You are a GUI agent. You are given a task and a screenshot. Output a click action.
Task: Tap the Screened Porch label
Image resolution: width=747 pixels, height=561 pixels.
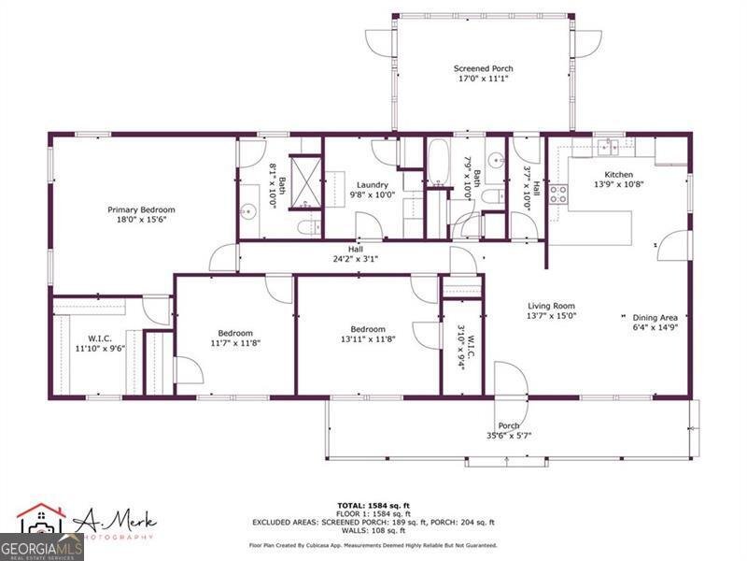(x=483, y=68)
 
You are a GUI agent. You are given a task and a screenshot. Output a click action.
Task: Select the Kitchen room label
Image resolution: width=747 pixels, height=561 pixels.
(x=618, y=175)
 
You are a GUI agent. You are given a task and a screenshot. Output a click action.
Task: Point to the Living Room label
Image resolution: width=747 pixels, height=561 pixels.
(x=551, y=306)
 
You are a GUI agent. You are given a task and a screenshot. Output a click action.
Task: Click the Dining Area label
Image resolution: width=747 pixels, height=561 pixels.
(x=643, y=316)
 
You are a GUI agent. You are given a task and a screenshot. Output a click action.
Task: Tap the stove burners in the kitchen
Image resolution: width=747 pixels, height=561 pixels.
(x=558, y=194)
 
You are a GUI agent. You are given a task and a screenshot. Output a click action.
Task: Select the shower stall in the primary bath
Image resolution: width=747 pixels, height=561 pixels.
(x=303, y=176)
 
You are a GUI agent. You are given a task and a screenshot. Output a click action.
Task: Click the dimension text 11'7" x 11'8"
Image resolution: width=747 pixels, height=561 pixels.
(x=235, y=343)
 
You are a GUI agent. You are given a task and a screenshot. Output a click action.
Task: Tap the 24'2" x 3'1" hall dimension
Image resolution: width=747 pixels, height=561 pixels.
(x=355, y=260)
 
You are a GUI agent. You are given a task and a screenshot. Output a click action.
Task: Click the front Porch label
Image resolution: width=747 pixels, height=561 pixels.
(x=508, y=425)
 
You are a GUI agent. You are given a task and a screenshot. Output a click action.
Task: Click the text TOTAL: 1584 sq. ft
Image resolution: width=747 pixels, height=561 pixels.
(x=373, y=505)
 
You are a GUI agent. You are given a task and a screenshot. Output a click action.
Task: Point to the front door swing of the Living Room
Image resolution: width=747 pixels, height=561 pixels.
(x=511, y=380)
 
